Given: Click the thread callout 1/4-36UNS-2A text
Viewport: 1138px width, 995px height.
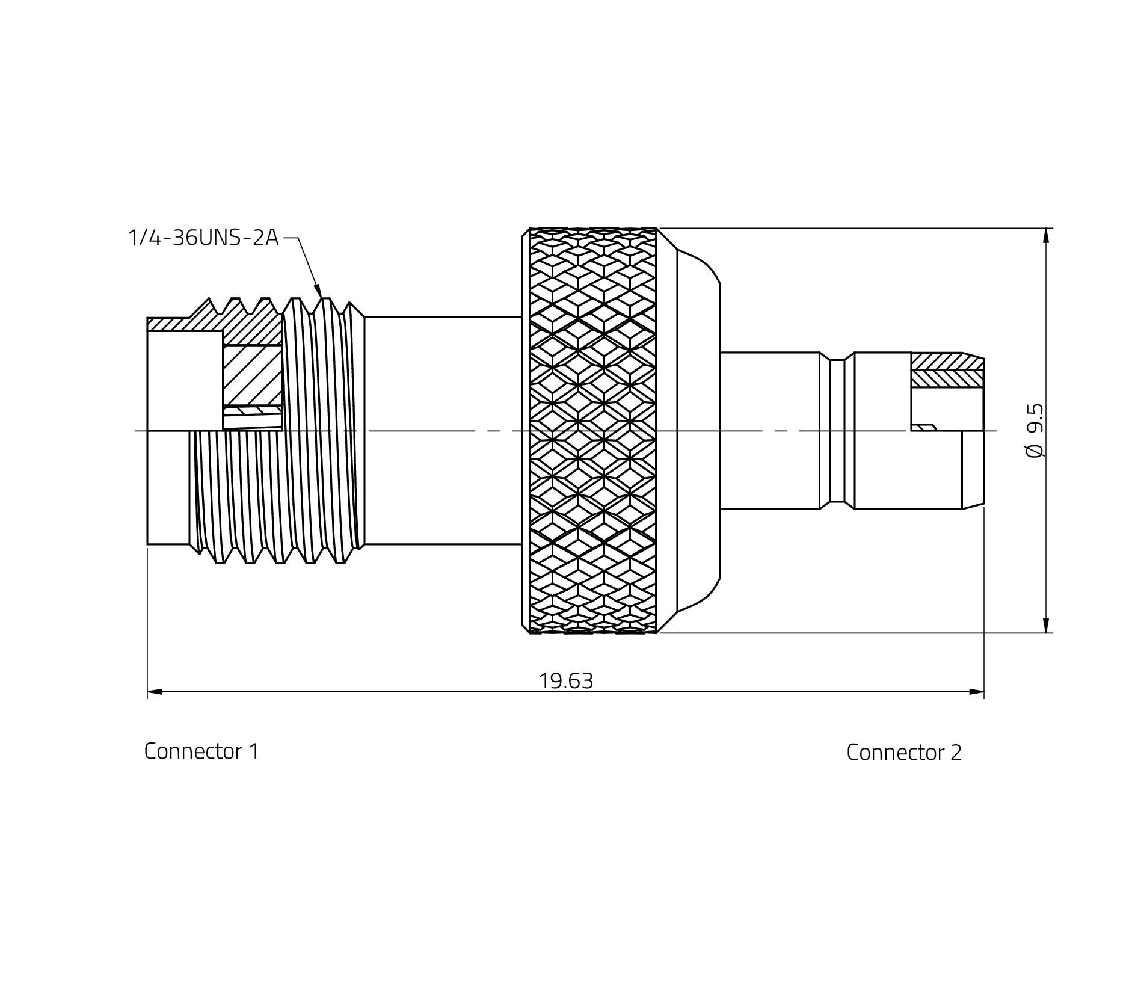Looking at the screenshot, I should [x=203, y=238].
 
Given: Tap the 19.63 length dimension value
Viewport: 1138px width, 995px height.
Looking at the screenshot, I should [x=565, y=681].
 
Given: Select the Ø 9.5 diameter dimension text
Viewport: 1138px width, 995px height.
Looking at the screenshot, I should [x=1035, y=430].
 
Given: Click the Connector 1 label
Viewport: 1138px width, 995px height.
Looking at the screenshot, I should [x=201, y=751].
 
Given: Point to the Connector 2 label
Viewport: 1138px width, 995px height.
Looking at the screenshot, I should [x=903, y=752].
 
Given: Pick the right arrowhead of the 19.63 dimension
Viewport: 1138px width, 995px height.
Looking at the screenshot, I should [x=977, y=692].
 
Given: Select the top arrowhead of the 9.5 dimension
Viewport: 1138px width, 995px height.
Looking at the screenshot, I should [x=1046, y=236].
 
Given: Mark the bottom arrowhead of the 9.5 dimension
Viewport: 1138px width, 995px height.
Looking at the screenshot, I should [x=1046, y=626].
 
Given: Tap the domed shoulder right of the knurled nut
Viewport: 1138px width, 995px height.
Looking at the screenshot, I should [x=698, y=430].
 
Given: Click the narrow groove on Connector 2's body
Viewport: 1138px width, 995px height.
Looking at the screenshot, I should [x=837, y=430].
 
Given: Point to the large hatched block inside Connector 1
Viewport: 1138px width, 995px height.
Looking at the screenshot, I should [x=252, y=375].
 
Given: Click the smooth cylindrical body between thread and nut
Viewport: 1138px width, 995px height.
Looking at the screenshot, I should [x=442, y=430].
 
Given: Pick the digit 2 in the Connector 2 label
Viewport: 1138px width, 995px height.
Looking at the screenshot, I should [x=956, y=752].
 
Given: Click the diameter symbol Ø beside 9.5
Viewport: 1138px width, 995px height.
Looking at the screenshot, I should [x=1035, y=451].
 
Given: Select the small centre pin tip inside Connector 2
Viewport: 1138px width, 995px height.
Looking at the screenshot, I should [x=924, y=427].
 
